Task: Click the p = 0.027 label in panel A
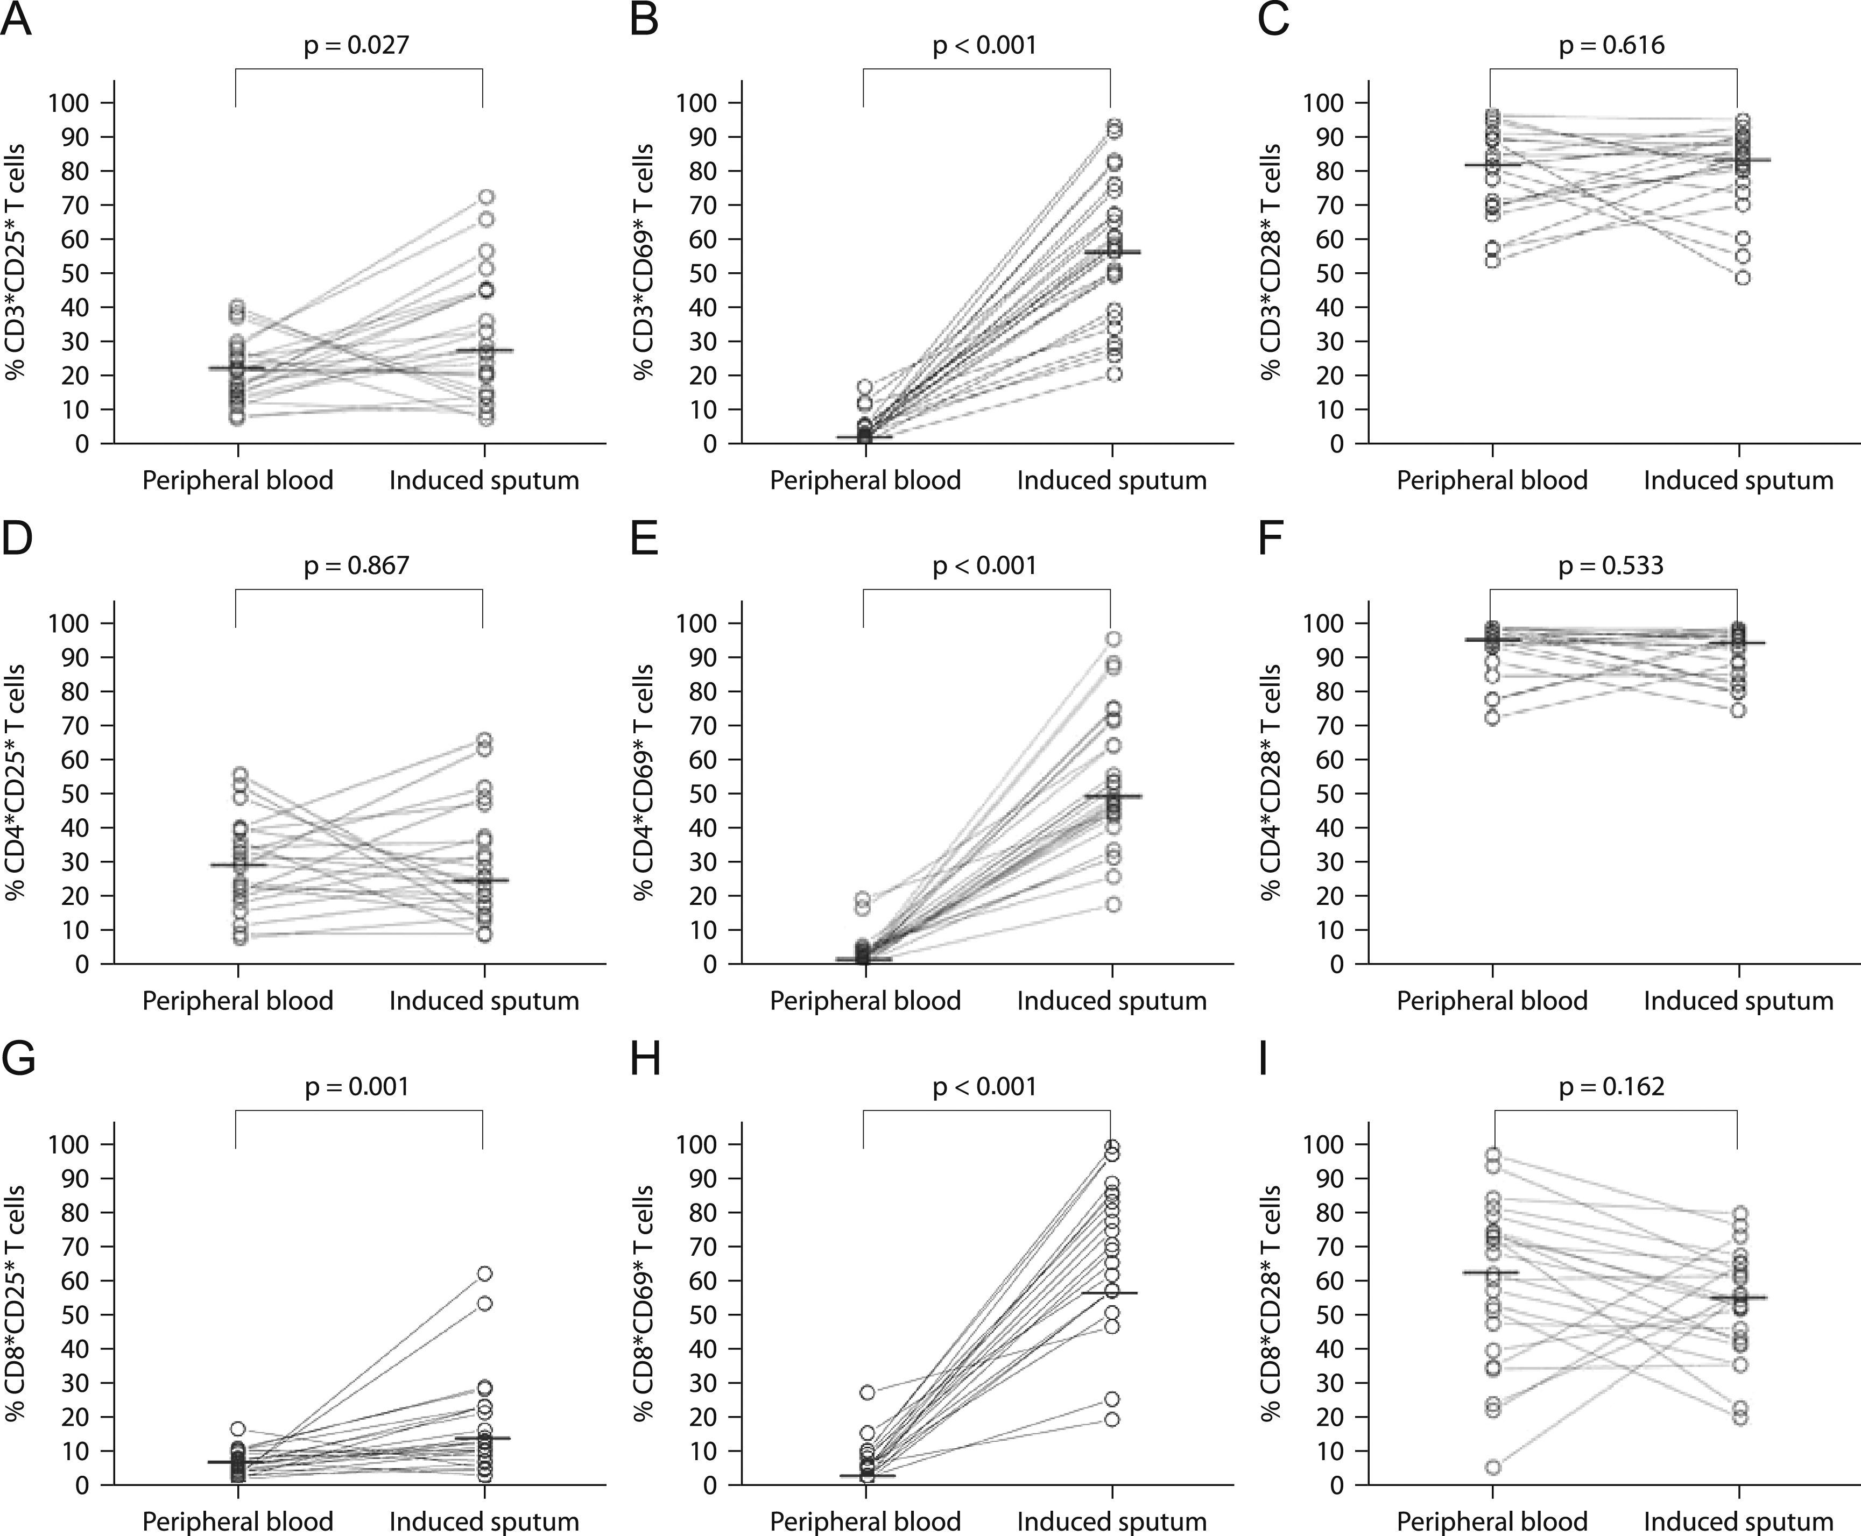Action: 357,45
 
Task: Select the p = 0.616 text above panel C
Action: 1611,45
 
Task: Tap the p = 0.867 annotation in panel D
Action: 357,565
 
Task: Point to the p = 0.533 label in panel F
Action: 1611,565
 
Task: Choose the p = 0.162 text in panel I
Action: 1611,1087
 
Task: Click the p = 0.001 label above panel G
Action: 357,1087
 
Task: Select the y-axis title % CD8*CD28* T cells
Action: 1272,1303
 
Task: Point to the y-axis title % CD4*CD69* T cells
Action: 644,782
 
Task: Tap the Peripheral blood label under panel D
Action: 238,1001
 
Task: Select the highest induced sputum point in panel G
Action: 484,1273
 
